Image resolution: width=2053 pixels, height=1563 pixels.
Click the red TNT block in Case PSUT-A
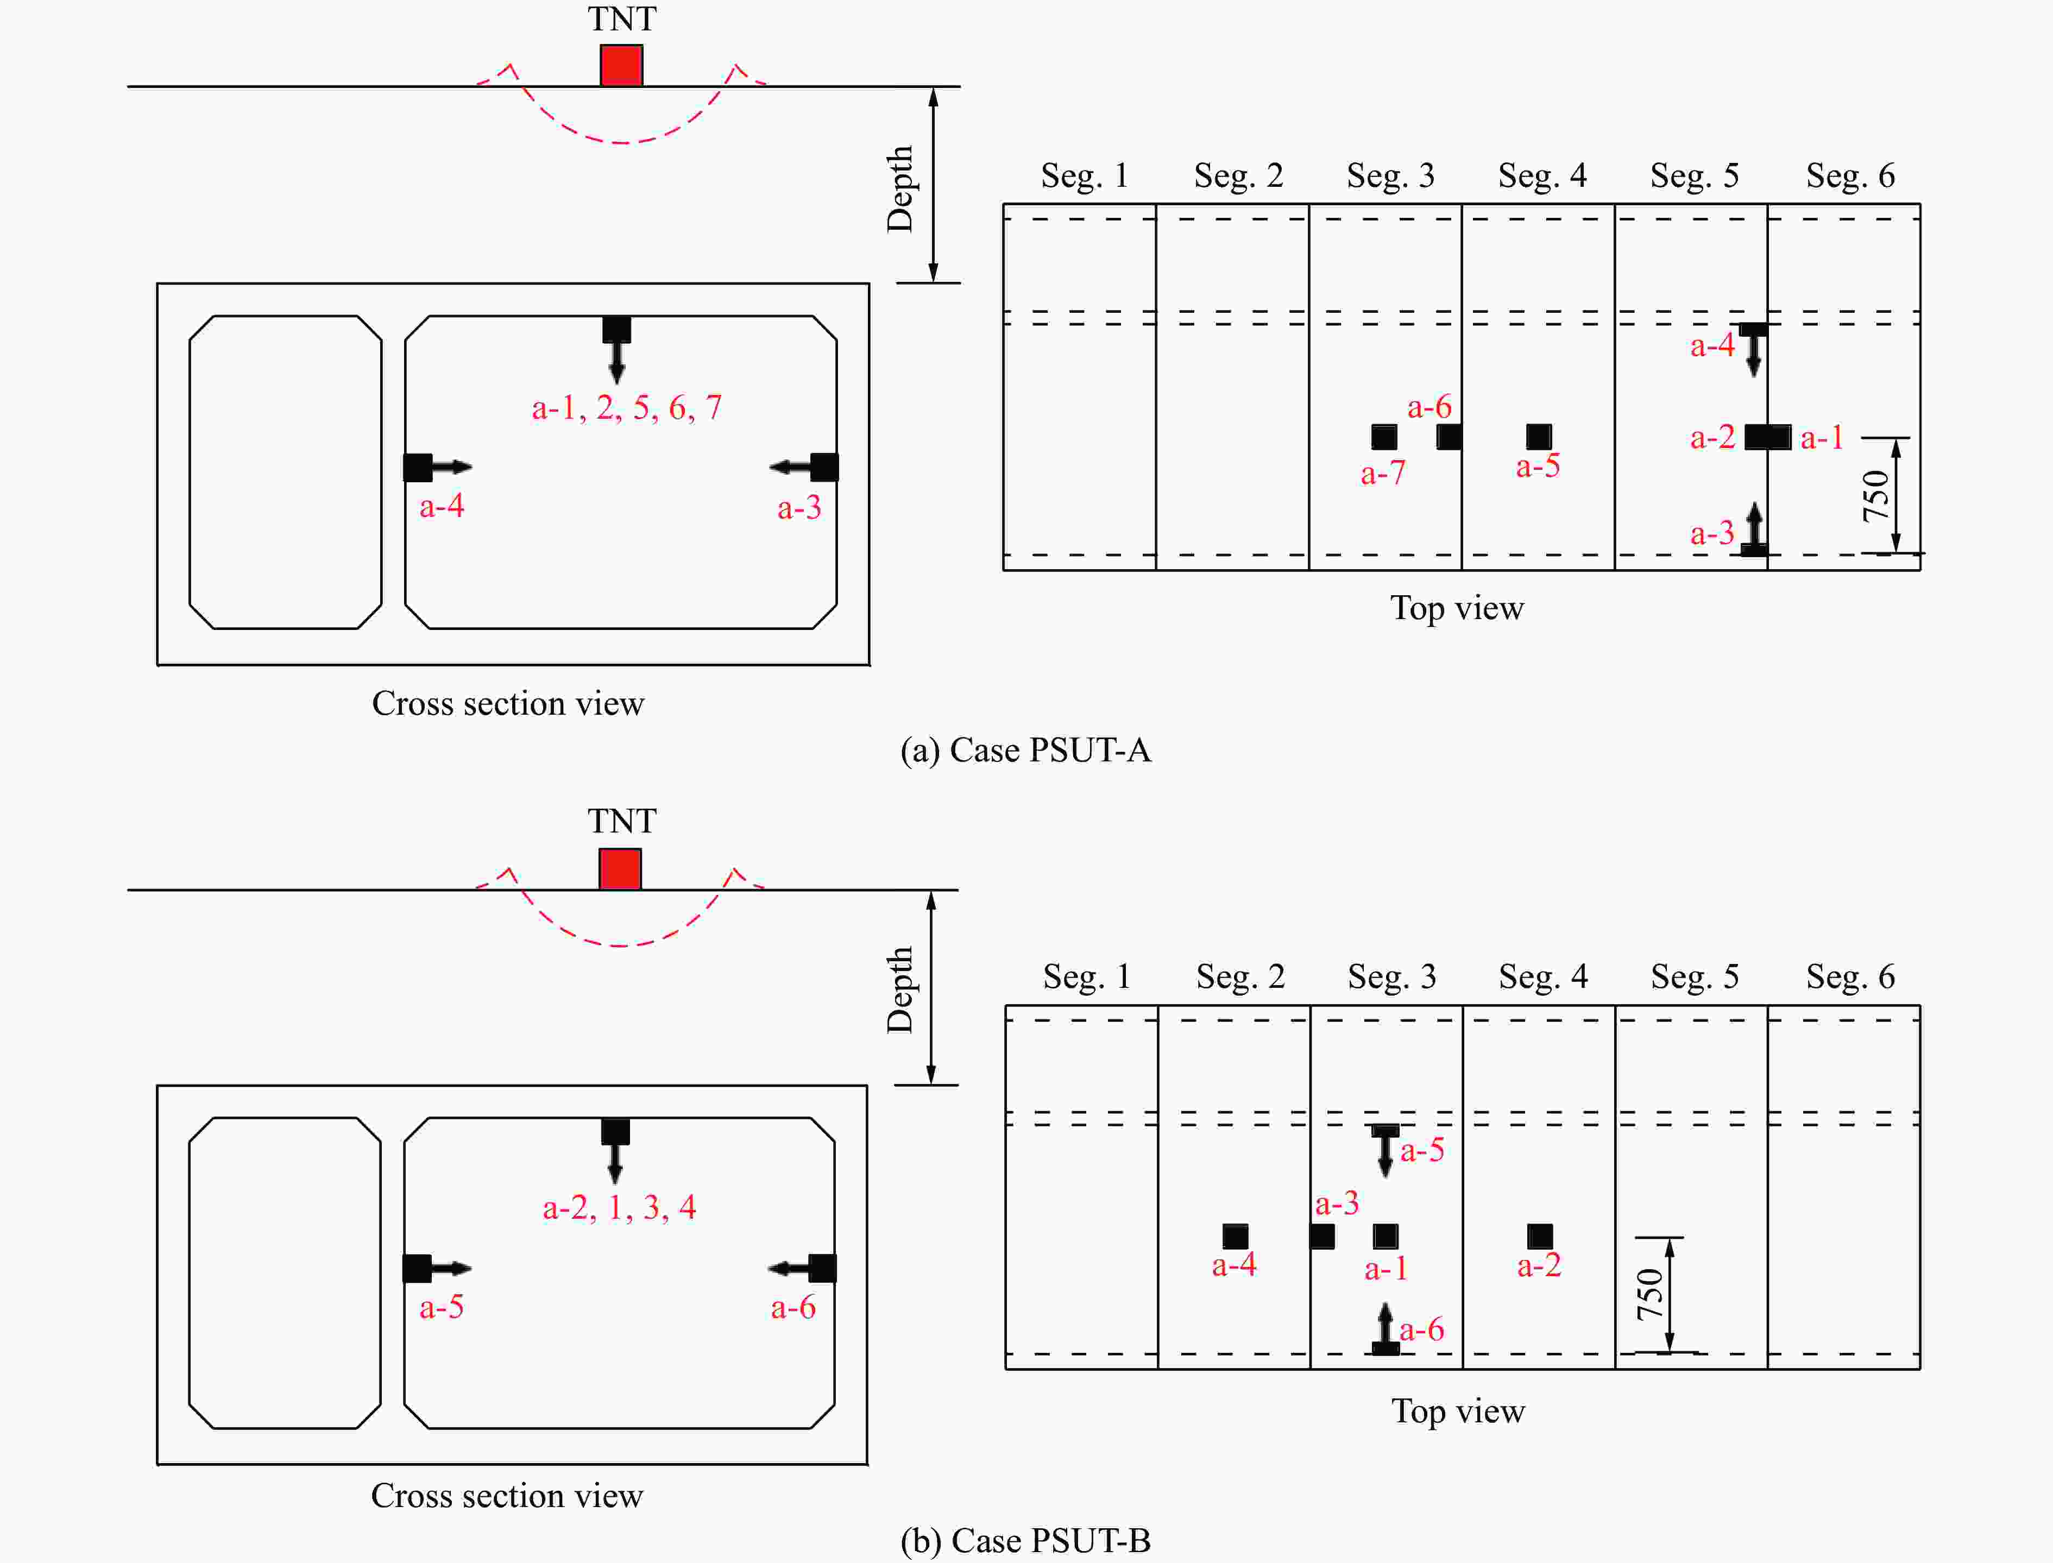click(621, 65)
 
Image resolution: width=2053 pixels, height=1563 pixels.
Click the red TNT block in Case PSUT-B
click(620, 869)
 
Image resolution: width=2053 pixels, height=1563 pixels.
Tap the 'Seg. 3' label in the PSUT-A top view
click(1391, 175)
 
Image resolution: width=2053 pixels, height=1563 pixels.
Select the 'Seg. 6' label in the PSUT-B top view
click(1850, 976)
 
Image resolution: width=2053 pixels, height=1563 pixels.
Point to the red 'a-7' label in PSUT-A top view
click(1383, 474)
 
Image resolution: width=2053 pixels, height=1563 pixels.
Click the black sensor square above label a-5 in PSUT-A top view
click(1539, 436)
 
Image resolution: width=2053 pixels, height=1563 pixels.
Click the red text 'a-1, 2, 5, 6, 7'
click(626, 407)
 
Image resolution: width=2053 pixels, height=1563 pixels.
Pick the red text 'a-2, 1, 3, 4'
click(620, 1208)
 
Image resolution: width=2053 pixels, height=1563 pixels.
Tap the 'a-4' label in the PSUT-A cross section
click(442, 506)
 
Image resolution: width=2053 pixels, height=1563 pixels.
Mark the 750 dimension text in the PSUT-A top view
click(1875, 496)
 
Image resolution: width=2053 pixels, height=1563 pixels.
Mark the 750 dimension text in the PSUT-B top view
click(1649, 1294)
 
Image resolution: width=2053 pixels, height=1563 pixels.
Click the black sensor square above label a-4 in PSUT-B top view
click(1236, 1237)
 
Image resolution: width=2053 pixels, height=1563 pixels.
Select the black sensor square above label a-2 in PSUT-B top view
click(1540, 1237)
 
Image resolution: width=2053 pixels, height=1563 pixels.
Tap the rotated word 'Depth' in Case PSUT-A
click(899, 189)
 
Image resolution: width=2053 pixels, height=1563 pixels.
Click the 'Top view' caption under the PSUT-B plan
click(1458, 1411)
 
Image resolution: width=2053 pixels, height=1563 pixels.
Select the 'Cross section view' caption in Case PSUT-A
click(508, 703)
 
